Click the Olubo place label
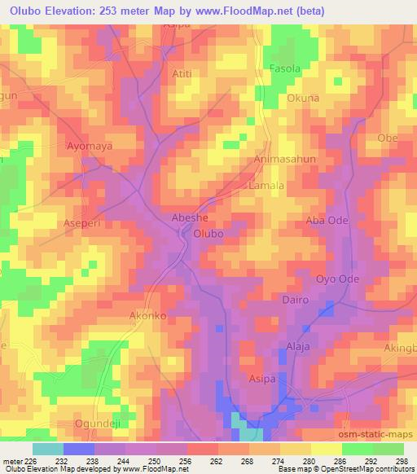pos(208,234)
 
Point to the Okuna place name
pos(303,99)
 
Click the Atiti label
pos(182,73)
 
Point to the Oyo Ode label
pos(337,278)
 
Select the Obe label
pos(388,138)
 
